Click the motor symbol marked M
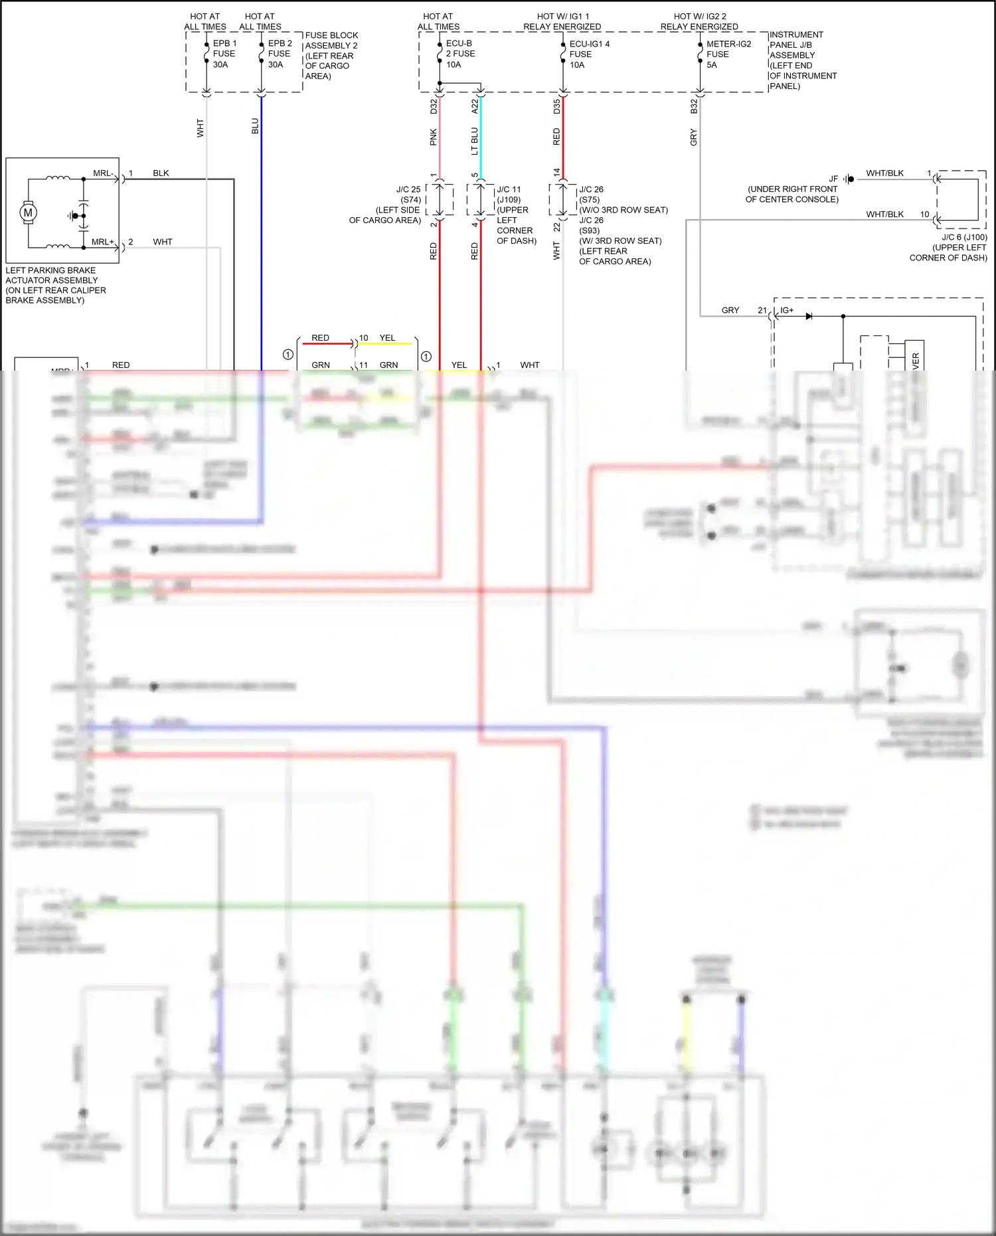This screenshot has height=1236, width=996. [28, 213]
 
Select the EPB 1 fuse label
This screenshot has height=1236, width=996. [224, 54]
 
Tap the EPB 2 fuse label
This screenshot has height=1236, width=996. [279, 54]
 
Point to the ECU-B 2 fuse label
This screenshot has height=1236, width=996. [459, 54]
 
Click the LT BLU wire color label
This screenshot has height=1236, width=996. [474, 141]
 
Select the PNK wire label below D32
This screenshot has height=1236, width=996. [433, 137]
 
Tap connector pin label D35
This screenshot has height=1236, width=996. [556, 106]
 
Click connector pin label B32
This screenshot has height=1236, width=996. [694, 106]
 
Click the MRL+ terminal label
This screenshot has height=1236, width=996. [102, 242]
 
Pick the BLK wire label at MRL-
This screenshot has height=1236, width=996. [161, 173]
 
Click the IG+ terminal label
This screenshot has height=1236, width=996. [787, 310]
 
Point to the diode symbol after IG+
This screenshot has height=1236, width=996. [808, 316]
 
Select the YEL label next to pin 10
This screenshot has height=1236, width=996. [387, 338]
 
